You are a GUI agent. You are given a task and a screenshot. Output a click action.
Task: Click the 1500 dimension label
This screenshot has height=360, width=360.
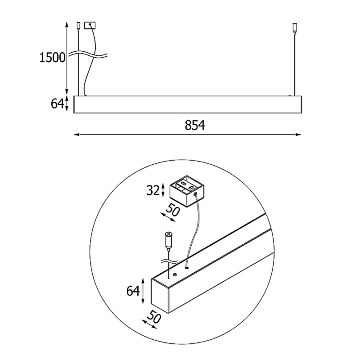[52, 58]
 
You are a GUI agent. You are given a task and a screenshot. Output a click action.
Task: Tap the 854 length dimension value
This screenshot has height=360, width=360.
[195, 126]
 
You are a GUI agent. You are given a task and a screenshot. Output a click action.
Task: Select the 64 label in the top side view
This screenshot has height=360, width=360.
[57, 104]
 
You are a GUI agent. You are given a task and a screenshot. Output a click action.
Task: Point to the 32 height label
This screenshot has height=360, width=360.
[153, 190]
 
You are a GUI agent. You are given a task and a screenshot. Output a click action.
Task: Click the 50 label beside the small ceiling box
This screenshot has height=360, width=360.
[172, 210]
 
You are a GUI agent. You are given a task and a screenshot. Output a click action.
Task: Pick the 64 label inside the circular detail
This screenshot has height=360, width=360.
[133, 291]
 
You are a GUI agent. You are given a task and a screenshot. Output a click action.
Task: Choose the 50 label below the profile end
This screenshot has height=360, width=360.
[154, 316]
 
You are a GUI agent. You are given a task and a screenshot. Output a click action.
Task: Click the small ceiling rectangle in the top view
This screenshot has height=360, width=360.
[90, 25]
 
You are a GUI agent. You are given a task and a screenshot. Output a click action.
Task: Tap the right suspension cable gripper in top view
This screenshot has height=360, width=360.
[294, 27]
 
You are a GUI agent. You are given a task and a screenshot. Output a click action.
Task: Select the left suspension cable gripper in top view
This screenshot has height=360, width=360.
[78, 26]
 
